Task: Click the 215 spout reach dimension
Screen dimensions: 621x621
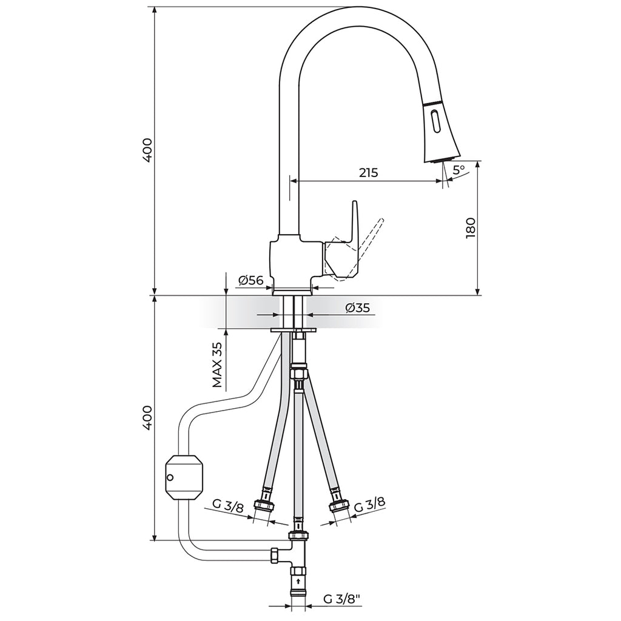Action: click(368, 173)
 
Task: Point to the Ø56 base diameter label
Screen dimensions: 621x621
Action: click(250, 280)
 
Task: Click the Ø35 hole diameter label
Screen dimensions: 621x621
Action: click(357, 308)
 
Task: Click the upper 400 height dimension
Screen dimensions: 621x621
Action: click(147, 149)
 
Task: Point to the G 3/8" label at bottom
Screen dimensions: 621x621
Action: click(341, 600)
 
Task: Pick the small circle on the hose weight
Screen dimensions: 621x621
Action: click(170, 477)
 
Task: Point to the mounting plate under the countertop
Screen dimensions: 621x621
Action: click(295, 329)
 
